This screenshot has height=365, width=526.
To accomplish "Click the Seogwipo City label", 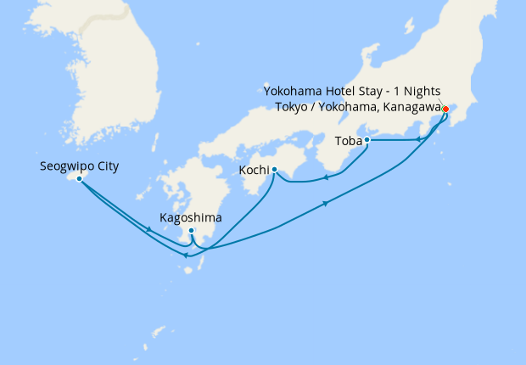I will pos(79,166).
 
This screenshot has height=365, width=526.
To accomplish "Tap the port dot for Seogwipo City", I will pos(79,178).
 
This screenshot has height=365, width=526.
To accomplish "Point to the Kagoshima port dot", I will pos(192,231).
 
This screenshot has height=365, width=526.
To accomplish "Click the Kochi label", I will pos(255,171).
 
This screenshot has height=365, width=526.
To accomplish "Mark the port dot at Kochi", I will pos(274,170).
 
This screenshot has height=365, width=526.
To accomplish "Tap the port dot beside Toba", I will pos(367,140).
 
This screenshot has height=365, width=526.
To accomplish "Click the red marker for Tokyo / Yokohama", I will pos(445,108).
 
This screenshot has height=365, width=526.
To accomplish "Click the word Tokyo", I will pos(293,106).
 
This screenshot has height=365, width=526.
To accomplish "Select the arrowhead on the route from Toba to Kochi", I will pos(325,178).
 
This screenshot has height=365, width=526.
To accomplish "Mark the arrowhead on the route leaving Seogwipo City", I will pos(149,229).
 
